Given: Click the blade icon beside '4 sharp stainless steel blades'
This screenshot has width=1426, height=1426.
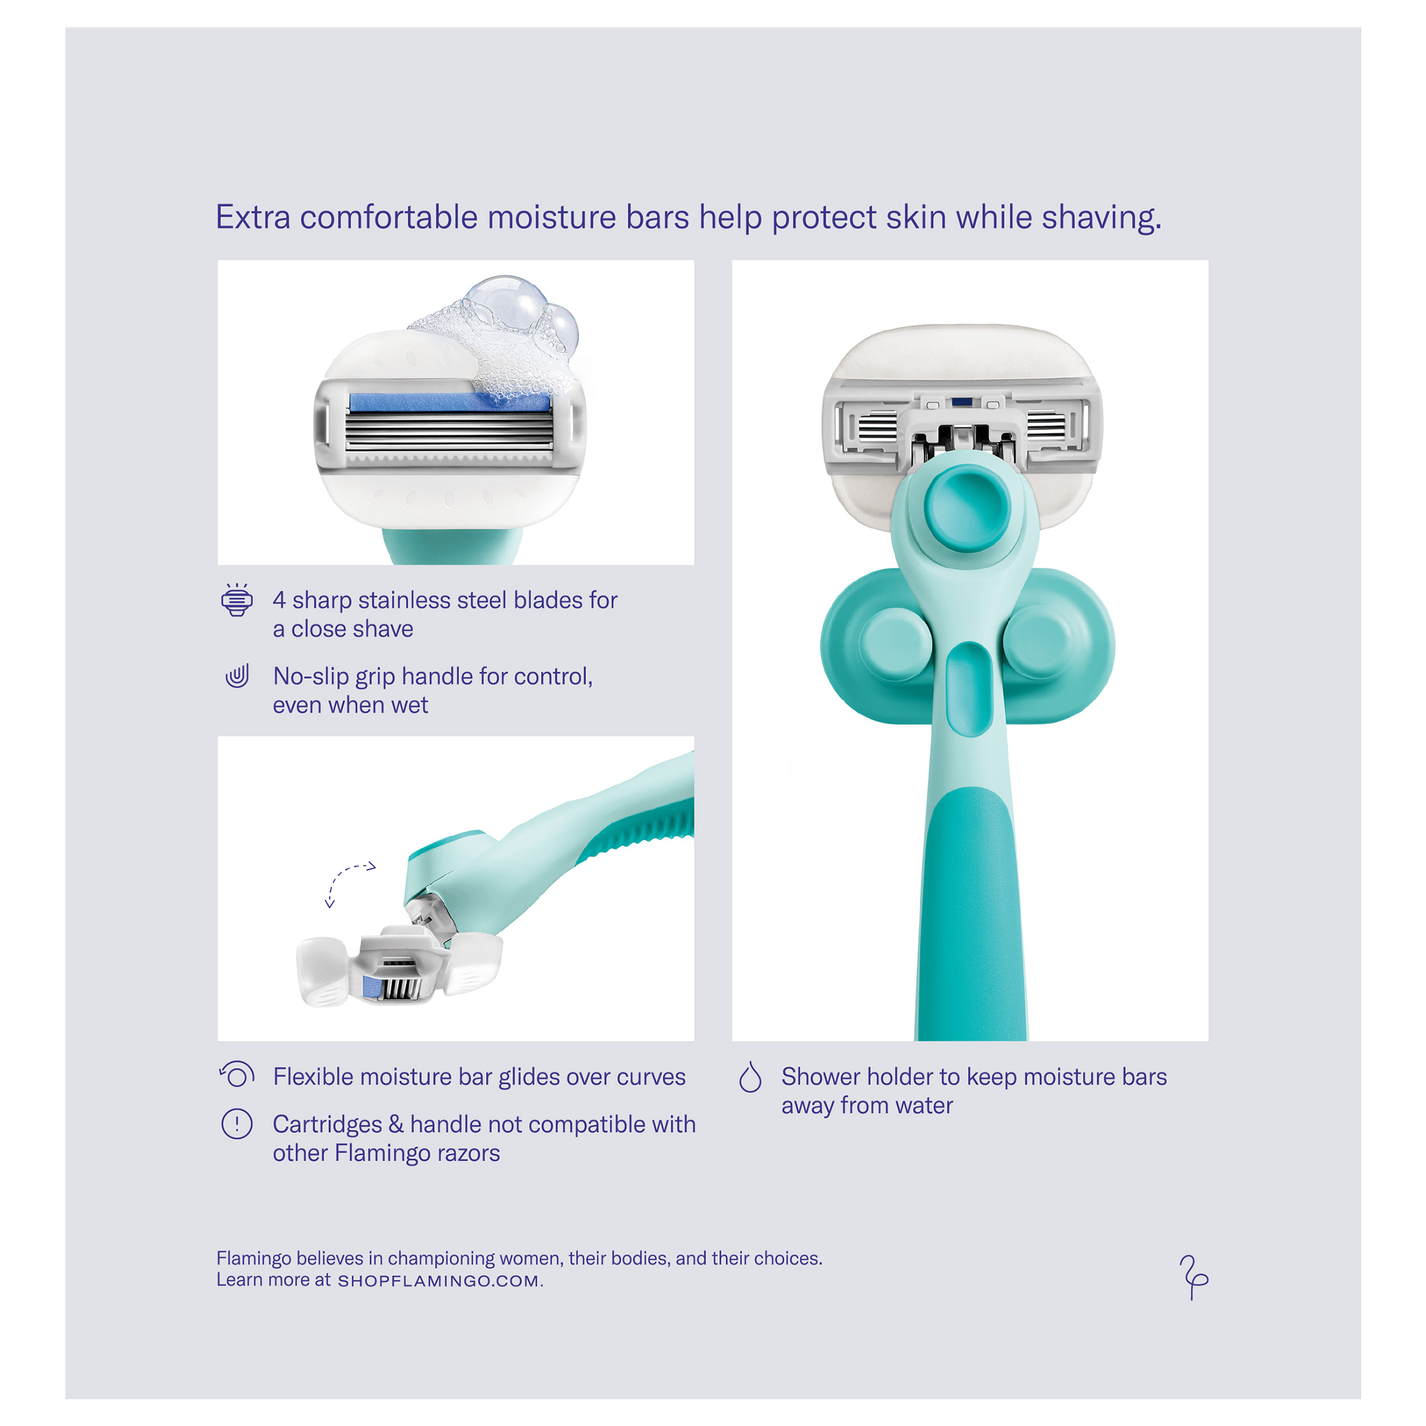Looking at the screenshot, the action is click(237, 600).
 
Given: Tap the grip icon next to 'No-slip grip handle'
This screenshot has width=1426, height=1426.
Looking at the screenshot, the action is click(237, 676).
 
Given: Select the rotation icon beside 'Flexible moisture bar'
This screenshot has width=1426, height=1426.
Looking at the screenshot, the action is click(237, 1074).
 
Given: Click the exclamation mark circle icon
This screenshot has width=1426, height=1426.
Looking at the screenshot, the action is click(237, 1124).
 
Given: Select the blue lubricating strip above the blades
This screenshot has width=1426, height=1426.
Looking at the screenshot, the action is click(449, 402).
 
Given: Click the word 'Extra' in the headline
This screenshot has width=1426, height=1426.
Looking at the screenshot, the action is click(253, 217).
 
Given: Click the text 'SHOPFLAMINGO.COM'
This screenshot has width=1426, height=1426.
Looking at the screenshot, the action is click(438, 1280).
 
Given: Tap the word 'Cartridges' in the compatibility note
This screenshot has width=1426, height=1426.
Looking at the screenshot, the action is click(327, 1125).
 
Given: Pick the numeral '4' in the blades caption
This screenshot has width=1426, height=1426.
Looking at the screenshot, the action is click(279, 600).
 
